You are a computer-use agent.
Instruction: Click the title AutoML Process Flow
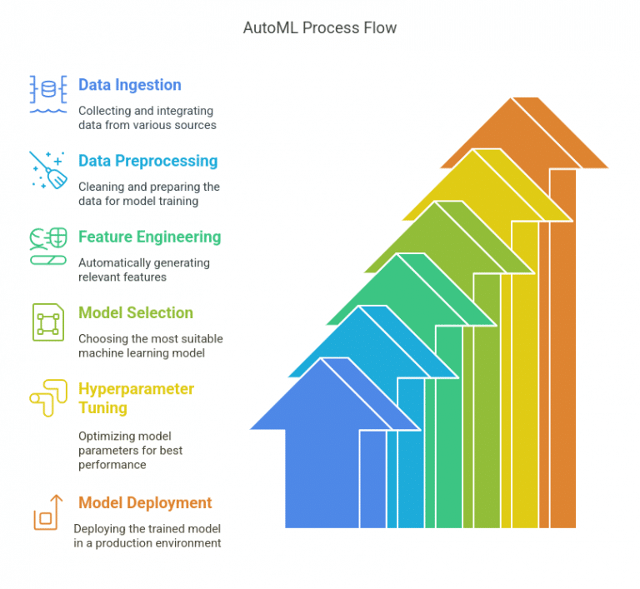[320, 27]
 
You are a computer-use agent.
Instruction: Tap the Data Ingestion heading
[130, 85]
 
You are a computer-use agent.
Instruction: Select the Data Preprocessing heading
[147, 162]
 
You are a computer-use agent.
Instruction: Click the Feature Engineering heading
[149, 237]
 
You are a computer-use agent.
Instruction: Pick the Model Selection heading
[136, 312]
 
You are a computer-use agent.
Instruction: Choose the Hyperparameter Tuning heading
[136, 398]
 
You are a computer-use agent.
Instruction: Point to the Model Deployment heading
[145, 503]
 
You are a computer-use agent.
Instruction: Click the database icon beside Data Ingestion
[48, 94]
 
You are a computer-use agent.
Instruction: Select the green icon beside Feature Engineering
[48, 247]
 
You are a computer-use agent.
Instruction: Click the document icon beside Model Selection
[48, 322]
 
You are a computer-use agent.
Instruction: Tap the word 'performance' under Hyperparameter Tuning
[112, 465]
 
